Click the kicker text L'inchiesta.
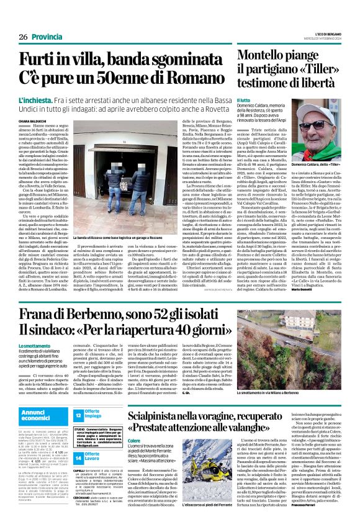[x=37, y=100]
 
